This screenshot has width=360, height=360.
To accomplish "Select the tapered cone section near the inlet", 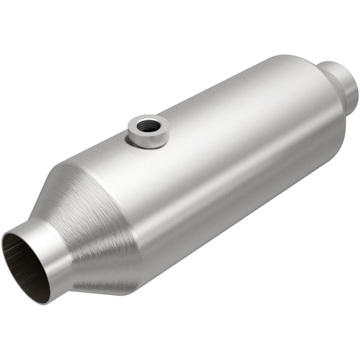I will pos(94,206).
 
